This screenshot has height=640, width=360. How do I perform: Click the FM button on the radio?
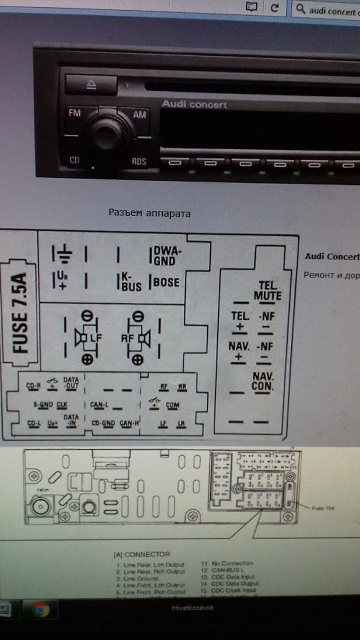point(74,113)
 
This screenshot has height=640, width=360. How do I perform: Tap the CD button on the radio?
point(74,160)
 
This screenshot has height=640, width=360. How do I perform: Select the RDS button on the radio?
point(139,161)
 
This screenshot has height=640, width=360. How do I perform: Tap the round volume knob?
point(107,134)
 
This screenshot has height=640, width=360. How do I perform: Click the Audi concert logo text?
point(194,104)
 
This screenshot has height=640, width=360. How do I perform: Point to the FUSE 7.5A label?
point(20,313)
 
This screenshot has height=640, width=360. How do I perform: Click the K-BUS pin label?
point(131,282)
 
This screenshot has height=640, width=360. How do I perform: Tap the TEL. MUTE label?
point(267,290)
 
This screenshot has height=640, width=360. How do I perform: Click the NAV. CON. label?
point(263,381)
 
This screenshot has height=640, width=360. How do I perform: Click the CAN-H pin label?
point(129,423)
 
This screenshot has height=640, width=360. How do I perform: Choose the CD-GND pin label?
point(103,423)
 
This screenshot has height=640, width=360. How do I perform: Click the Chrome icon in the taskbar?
point(39,609)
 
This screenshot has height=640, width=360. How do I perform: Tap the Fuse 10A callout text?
point(323,508)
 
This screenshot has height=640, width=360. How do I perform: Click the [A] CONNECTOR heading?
point(141,554)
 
